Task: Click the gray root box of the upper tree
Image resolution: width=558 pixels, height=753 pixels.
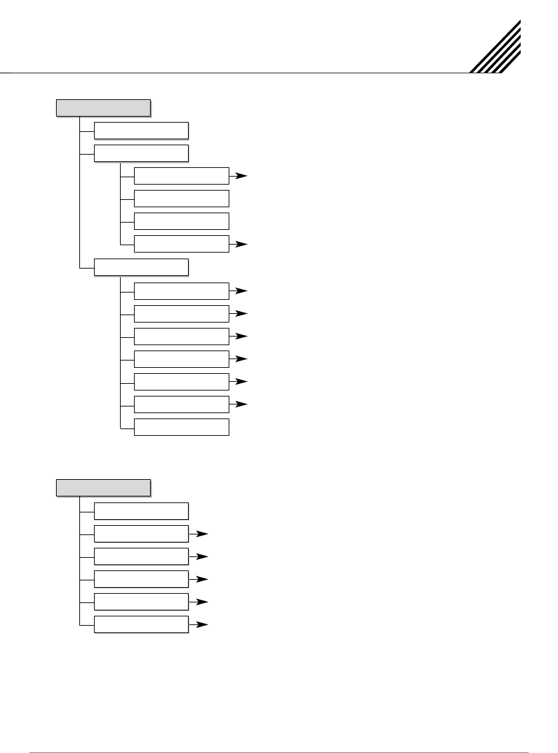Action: coord(103,107)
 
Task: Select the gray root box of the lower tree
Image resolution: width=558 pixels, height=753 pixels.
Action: coord(103,487)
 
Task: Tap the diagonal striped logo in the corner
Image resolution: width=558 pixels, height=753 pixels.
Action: coord(496,47)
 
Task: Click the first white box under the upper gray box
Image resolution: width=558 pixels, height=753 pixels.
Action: coord(141,131)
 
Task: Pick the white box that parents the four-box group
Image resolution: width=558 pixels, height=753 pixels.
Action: coord(141,153)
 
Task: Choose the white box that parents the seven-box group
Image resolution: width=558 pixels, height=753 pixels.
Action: coord(141,267)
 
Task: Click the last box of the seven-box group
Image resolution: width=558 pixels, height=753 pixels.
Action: coord(181,426)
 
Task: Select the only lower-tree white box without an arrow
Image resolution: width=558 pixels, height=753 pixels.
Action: coord(141,510)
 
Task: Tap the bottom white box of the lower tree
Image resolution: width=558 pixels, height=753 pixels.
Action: coord(141,624)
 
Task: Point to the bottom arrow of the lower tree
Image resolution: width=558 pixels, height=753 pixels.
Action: coord(199,625)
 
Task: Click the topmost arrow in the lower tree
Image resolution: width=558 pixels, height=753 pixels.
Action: coord(199,534)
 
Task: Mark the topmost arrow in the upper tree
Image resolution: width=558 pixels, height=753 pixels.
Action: coord(239,177)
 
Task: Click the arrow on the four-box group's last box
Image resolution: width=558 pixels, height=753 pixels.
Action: coord(239,245)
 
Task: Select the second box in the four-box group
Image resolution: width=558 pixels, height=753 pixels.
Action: coord(181,199)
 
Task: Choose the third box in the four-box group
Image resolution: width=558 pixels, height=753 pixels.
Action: coord(181,221)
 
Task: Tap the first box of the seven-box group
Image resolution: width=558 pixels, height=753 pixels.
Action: coord(181,291)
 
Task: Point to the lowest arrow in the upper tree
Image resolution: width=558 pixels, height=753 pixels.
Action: coord(239,404)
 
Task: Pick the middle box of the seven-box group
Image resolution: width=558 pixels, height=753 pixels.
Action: coord(181,359)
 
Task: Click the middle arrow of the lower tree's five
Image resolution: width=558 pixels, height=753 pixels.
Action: coord(199,579)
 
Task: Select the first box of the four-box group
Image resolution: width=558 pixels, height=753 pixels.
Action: coord(181,176)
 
